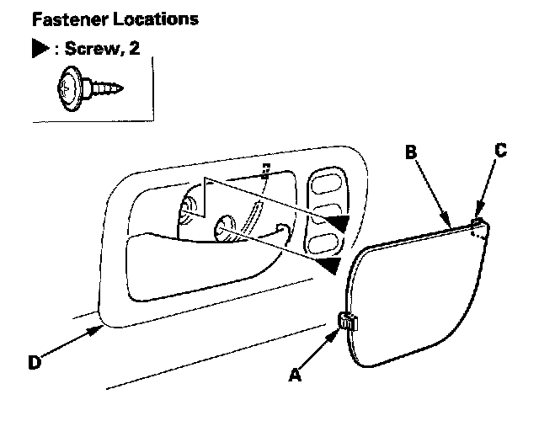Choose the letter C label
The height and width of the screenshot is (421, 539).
(499, 152)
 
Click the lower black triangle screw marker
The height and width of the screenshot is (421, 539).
(329, 266)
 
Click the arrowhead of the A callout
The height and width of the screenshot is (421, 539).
(337, 329)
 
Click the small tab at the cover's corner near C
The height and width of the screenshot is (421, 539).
(478, 223)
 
